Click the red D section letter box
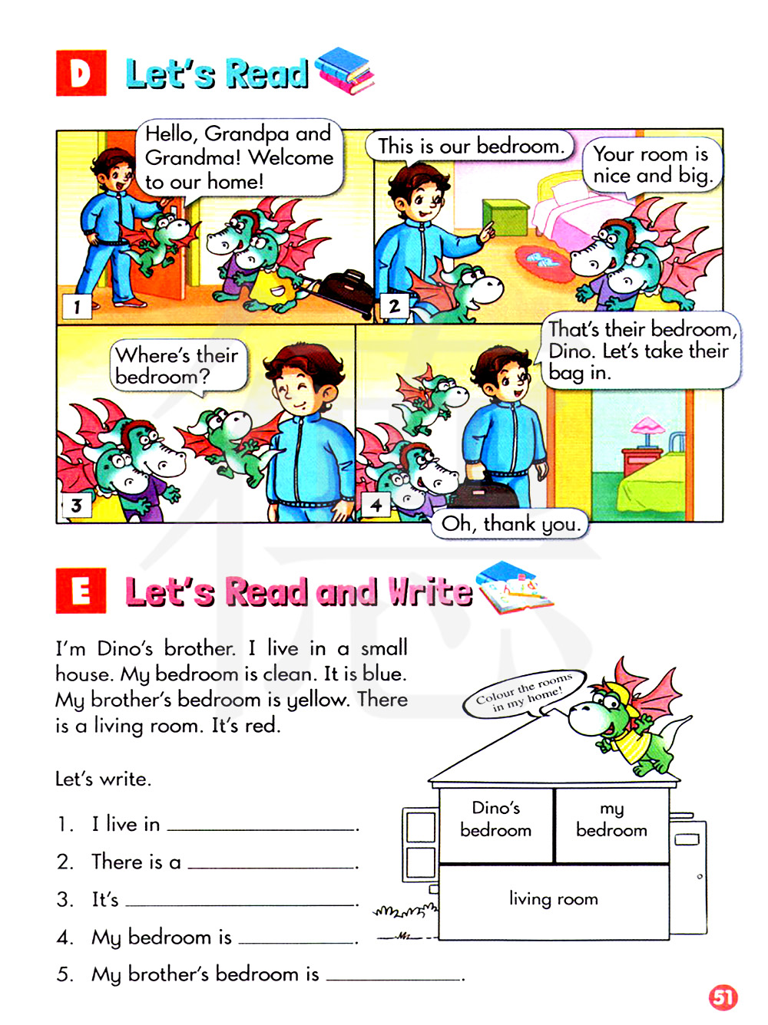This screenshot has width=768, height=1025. (x=81, y=73)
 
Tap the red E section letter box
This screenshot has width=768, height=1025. (x=81, y=590)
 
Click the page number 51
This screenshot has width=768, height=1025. (x=723, y=997)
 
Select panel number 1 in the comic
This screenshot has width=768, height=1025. (x=77, y=307)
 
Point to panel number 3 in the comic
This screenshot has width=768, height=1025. (x=77, y=505)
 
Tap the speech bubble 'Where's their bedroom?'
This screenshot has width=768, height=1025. (x=179, y=367)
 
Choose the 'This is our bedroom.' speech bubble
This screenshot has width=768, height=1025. (x=468, y=147)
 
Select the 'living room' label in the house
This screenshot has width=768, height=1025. (x=554, y=898)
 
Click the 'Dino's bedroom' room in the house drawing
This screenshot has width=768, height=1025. (x=496, y=825)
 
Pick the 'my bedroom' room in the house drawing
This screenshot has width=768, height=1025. (x=612, y=825)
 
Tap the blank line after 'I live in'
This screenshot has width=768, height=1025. (x=262, y=829)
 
